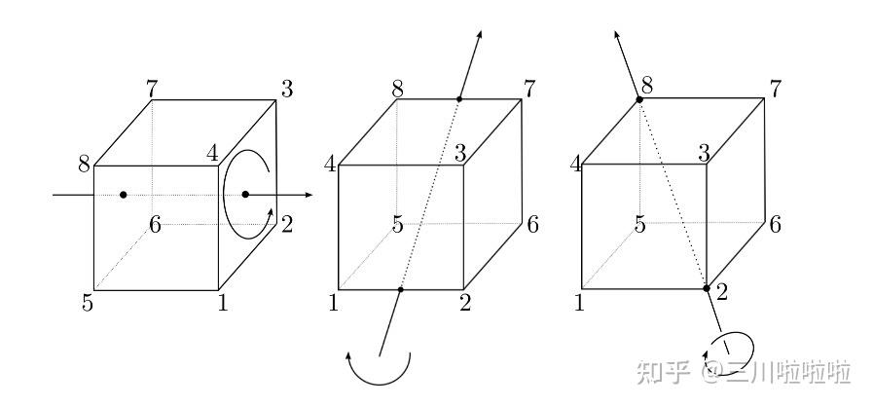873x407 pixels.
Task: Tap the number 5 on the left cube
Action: pyautogui.click(x=88, y=304)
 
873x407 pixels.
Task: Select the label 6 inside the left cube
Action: pyautogui.click(x=155, y=225)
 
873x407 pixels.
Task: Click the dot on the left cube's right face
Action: pyautogui.click(x=245, y=195)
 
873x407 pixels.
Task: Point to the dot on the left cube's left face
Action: pyautogui.click(x=123, y=195)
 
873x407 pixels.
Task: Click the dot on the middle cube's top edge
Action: pyautogui.click(x=459, y=98)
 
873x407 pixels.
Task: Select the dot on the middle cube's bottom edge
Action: pyautogui.click(x=400, y=289)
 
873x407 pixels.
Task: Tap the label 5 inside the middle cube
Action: pyautogui.click(x=397, y=225)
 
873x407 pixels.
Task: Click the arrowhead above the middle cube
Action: pyautogui.click(x=479, y=36)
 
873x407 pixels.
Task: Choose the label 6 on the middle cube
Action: pyautogui.click(x=531, y=223)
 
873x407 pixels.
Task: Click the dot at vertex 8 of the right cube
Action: pyautogui.click(x=639, y=98)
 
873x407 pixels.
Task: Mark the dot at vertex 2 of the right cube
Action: pyautogui.click(x=707, y=288)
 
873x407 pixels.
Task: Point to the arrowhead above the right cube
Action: pyautogui.click(x=617, y=36)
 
